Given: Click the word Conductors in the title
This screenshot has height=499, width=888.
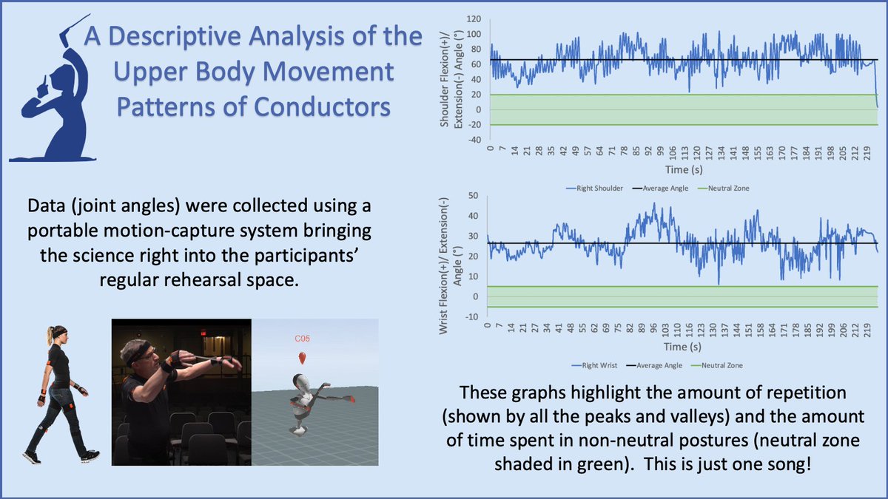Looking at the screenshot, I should coord(322,108).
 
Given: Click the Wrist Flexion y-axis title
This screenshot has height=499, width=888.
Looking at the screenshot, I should coord(448,256).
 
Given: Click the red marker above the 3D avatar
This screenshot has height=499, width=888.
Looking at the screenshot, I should coord(303,359).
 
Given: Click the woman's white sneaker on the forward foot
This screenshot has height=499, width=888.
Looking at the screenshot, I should coord(90,455).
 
